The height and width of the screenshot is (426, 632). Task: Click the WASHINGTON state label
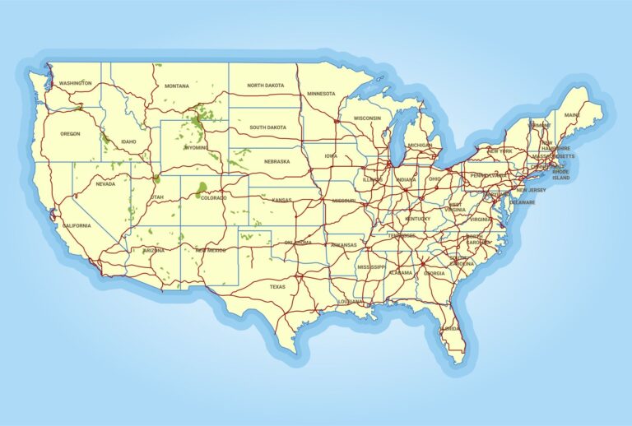point(75,84)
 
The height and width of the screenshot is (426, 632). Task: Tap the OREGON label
point(70,133)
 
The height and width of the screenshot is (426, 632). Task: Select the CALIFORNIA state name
point(77,225)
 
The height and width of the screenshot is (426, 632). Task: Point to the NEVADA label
point(105,184)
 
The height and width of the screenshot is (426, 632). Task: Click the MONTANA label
point(176,86)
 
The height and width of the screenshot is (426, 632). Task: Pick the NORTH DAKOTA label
point(265,86)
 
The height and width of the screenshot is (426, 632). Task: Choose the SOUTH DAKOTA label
point(267,127)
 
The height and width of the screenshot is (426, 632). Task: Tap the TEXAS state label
point(276,287)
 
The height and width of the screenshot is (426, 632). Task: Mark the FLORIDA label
point(450,328)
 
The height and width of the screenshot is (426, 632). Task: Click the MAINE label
point(571,114)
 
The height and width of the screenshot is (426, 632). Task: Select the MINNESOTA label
point(321,94)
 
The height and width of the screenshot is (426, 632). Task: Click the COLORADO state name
point(213,197)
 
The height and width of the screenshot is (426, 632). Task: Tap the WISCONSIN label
point(367,118)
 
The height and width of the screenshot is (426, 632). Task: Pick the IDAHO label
point(128,141)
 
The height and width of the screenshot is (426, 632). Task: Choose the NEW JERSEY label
point(532,190)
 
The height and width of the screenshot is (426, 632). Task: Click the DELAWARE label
point(522,202)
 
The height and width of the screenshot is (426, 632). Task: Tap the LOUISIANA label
point(350,302)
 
